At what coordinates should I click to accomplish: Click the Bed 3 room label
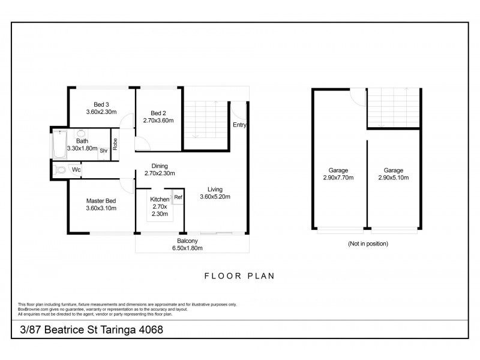pyautogui.click(x=101, y=104)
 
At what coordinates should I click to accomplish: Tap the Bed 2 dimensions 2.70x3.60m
pyautogui.click(x=158, y=121)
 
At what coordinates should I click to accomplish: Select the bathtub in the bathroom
pyautogui.click(x=59, y=144)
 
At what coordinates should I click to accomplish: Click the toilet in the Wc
pyautogui.click(x=59, y=170)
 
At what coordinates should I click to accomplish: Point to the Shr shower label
pyautogui.click(x=104, y=151)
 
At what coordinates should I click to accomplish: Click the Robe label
pyautogui.click(x=115, y=144)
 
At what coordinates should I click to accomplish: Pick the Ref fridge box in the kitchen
pyautogui.click(x=178, y=197)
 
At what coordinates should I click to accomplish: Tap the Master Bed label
pyautogui.click(x=101, y=201)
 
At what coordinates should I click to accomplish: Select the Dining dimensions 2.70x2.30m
pyautogui.click(x=160, y=173)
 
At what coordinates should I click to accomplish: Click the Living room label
pyautogui.click(x=215, y=190)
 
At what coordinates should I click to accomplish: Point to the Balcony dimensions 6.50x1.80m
pyautogui.click(x=187, y=248)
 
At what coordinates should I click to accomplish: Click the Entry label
pyautogui.click(x=239, y=125)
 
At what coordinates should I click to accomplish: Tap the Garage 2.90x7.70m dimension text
pyautogui.click(x=338, y=178)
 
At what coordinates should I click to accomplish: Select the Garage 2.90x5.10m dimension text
pyautogui.click(x=394, y=178)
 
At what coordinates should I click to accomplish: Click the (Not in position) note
pyautogui.click(x=368, y=244)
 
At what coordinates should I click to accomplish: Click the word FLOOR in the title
pyautogui.click(x=223, y=276)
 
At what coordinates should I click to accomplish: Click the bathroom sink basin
pyautogui.click(x=81, y=133)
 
